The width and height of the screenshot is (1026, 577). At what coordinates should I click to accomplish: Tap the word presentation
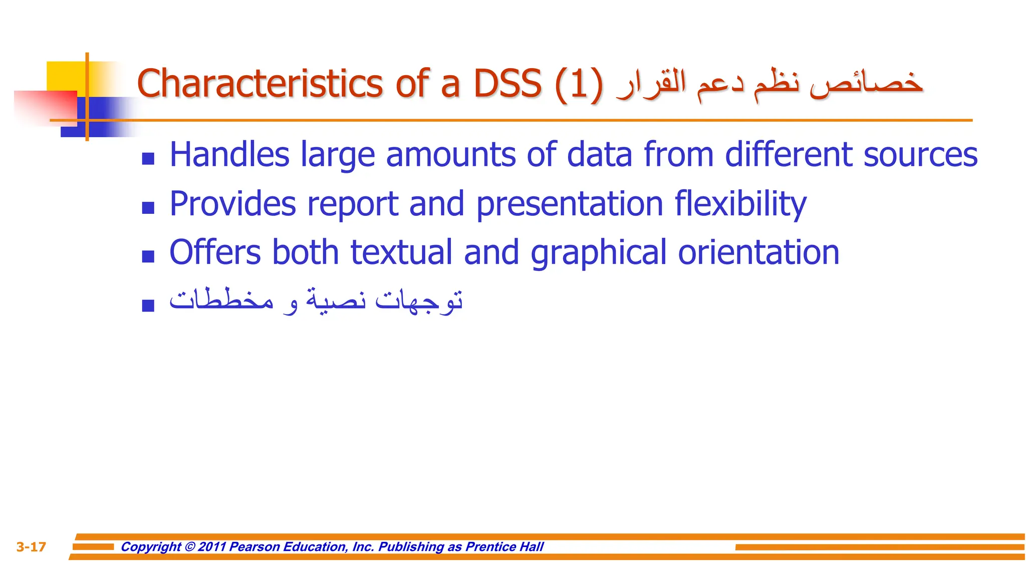pyautogui.click(x=570, y=204)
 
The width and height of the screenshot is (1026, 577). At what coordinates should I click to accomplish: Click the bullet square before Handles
pyautogui.click(x=148, y=159)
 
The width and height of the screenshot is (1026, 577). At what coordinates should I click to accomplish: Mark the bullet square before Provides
pyautogui.click(x=148, y=208)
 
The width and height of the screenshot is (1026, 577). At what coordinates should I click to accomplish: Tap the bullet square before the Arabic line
pyautogui.click(x=148, y=305)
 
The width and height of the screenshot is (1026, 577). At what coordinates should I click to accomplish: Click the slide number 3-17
pyautogui.click(x=31, y=547)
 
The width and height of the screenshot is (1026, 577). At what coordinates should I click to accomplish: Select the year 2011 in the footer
pyautogui.click(x=212, y=546)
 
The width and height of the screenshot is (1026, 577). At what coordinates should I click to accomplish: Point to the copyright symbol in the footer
pyautogui.click(x=189, y=546)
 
